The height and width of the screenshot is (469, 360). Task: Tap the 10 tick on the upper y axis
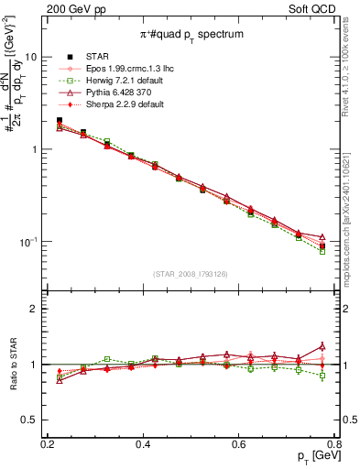pos(29,57)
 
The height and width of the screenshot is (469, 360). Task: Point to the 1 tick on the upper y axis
pos(33,149)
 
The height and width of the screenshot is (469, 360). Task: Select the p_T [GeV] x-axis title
pos(312,456)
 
